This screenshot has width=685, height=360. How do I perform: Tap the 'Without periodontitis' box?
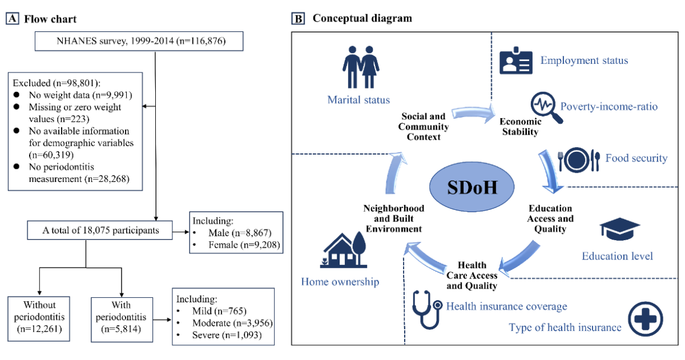(40, 315)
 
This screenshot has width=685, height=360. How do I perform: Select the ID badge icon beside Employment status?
(516, 61)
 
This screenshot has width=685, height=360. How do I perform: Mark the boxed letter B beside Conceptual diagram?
(299, 19)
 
